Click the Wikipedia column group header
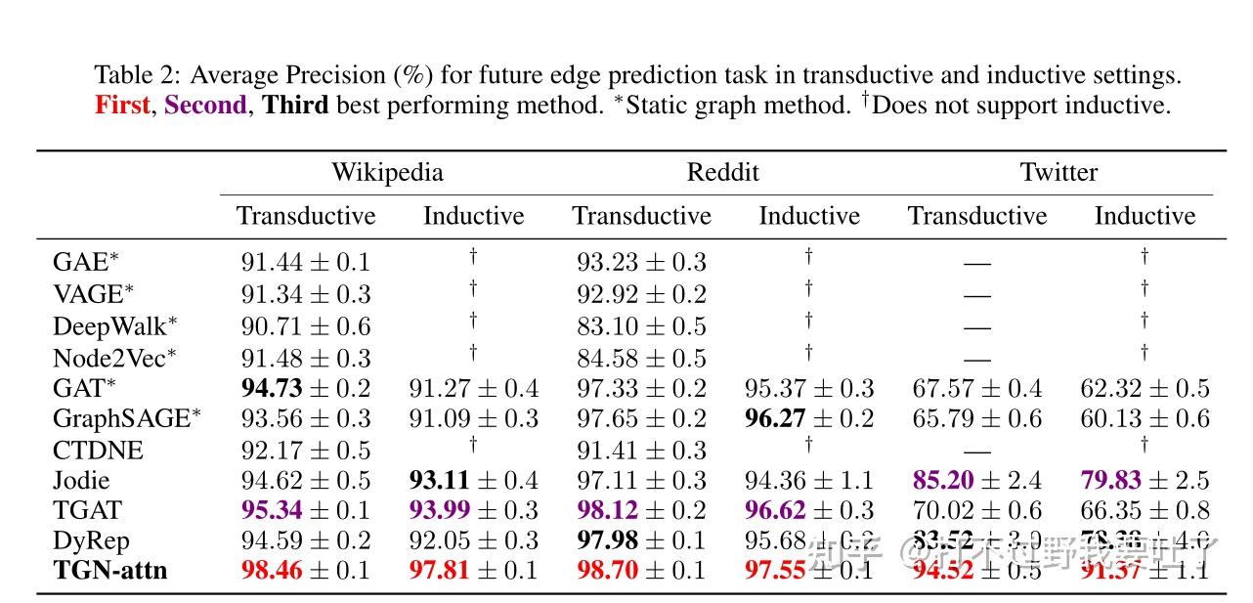click(x=387, y=173)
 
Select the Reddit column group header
click(x=722, y=173)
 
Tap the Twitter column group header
click(x=1059, y=173)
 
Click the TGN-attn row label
click(x=109, y=571)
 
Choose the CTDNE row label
click(x=98, y=451)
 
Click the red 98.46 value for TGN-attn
click(x=272, y=571)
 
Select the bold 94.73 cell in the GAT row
click(x=272, y=389)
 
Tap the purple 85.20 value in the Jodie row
click(x=943, y=481)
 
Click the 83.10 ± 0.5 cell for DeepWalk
click(x=641, y=326)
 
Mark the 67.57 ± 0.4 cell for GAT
click(x=976, y=389)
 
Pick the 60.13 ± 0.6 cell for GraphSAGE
click(x=1145, y=419)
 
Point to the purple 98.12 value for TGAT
click(x=607, y=511)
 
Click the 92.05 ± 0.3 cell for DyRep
click(x=473, y=541)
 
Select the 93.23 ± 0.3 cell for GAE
click(x=641, y=263)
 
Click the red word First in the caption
click(x=122, y=106)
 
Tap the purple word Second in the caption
click(x=205, y=106)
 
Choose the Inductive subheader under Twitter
click(x=1145, y=216)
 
